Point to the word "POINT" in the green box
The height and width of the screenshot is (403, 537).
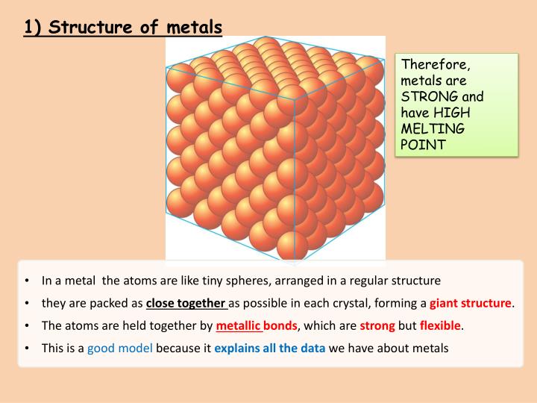tap(423, 144)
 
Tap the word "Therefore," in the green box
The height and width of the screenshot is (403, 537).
tap(436, 64)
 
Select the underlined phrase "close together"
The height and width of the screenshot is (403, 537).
tap(186, 303)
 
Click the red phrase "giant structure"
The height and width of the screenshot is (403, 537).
tap(471, 303)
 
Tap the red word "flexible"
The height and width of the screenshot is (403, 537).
tap(440, 325)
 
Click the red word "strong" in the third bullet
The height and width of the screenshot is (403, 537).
tap(377, 325)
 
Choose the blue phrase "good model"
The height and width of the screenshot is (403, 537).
tap(120, 348)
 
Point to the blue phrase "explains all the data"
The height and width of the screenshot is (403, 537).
tap(270, 348)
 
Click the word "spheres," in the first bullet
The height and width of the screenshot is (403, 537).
tap(249, 281)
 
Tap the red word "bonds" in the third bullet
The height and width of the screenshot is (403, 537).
tap(280, 325)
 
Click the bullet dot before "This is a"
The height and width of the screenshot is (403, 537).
tap(28, 348)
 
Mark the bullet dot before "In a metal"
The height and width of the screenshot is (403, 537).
tap(28, 281)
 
